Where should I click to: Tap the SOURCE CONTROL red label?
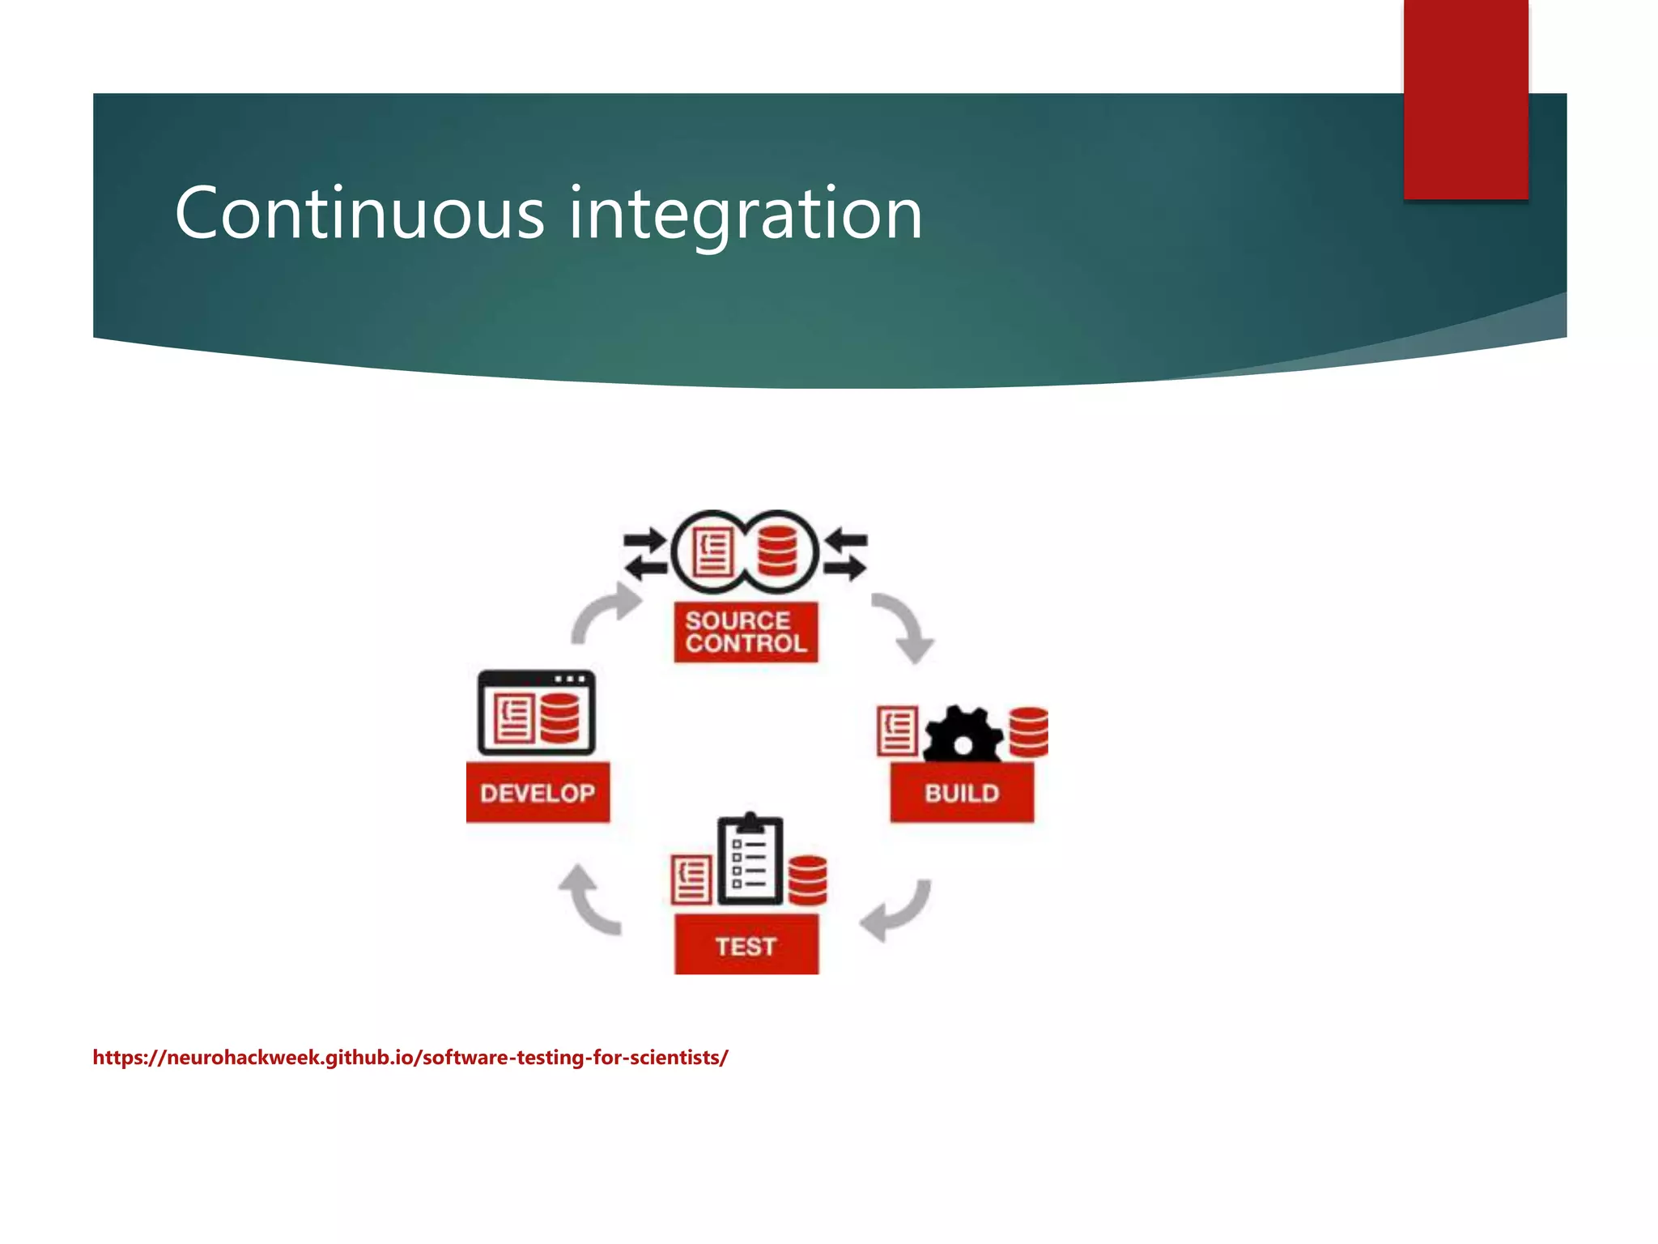[x=746, y=632]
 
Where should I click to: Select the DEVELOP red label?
[x=538, y=792]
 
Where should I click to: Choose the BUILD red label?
[x=962, y=792]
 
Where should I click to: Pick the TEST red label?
[x=746, y=945]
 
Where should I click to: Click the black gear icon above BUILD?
[x=962, y=735]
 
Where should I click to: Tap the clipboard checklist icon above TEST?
[x=750, y=860]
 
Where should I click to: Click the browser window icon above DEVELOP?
[x=536, y=713]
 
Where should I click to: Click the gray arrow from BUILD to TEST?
[x=897, y=911]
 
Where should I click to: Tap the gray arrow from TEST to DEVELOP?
[x=589, y=901]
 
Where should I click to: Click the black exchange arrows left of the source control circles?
[x=645, y=555]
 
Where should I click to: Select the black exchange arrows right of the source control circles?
[x=846, y=555]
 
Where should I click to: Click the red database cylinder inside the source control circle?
[x=777, y=552]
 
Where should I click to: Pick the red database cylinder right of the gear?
[x=1029, y=732]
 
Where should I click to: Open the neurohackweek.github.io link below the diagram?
[x=410, y=1058]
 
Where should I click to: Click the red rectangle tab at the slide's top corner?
[x=1465, y=99]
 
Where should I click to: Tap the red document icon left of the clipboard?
[x=691, y=881]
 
